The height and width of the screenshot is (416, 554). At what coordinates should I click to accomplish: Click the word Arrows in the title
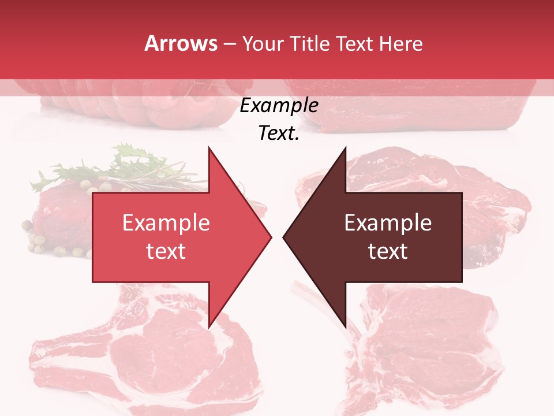(x=181, y=43)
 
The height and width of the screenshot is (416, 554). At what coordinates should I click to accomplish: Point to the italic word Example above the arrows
(x=279, y=106)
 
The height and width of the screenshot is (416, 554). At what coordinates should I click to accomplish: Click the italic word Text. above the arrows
(x=279, y=133)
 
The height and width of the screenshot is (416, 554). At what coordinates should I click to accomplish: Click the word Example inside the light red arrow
(x=166, y=223)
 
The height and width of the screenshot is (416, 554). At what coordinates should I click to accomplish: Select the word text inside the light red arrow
(x=166, y=251)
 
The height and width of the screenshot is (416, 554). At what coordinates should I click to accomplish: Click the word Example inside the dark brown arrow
(x=388, y=223)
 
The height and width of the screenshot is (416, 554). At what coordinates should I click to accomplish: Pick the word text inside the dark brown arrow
(x=388, y=251)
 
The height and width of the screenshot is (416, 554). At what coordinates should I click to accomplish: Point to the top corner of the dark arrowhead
(x=346, y=147)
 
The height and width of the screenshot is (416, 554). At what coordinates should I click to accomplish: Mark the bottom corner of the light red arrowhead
(x=209, y=327)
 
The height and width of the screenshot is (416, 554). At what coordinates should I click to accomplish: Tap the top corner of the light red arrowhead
(x=209, y=147)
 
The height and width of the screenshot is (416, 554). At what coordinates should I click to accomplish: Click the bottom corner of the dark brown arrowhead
(x=346, y=327)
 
